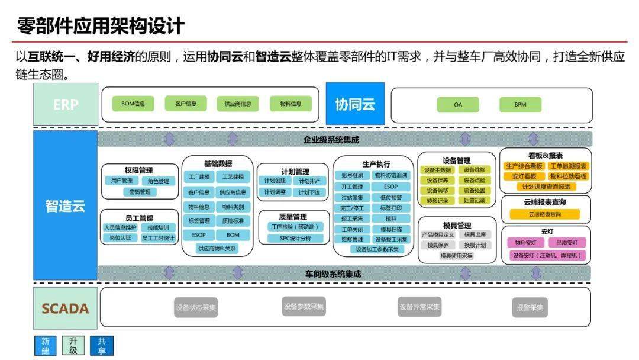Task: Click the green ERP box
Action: [65, 104]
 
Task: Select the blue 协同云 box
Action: [355, 104]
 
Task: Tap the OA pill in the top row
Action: [458, 105]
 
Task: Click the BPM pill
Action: [519, 105]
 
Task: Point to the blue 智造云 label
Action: [65, 205]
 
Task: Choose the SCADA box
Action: [65, 308]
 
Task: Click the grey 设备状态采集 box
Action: [196, 308]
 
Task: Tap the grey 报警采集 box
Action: [529, 308]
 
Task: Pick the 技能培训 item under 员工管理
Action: [158, 227]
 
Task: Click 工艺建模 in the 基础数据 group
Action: [233, 177]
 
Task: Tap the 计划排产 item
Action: [309, 181]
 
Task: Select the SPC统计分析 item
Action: [295, 238]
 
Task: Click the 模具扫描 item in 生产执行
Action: [391, 229]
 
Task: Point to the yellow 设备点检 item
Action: [474, 180]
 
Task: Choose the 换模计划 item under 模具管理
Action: [475, 245]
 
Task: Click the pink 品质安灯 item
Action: [567, 242]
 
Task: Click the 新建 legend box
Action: [45, 346]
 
